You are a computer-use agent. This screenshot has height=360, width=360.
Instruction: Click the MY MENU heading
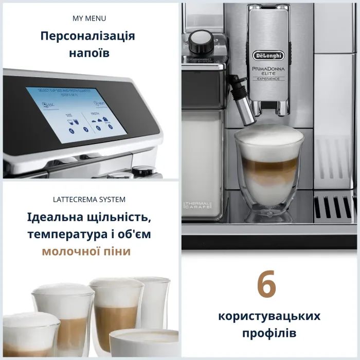pos(89,19)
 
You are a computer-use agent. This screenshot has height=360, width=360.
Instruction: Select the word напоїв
pos(89,53)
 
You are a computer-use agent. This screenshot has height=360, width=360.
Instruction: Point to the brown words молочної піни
pos(86,251)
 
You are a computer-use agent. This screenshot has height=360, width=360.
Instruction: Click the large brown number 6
pos(266,286)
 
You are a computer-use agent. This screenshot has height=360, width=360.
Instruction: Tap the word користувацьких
pos(269,315)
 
